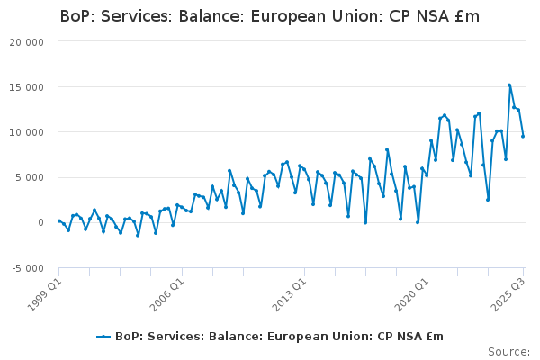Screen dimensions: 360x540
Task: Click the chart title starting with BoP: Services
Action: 269,16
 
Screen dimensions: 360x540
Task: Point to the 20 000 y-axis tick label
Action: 27,42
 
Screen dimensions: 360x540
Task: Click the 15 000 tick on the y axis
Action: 27,87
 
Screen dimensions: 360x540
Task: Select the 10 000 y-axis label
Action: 27,132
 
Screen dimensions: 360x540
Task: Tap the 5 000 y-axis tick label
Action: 30,177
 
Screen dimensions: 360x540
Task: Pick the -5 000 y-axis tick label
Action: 27,268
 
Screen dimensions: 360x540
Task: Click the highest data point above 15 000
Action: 509,85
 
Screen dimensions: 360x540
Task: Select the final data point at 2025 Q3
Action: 523,136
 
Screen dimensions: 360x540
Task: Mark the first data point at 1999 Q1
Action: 59,220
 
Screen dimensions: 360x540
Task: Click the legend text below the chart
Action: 279,337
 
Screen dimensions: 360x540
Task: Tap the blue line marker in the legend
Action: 104,337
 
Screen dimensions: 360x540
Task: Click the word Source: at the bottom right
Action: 508,351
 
